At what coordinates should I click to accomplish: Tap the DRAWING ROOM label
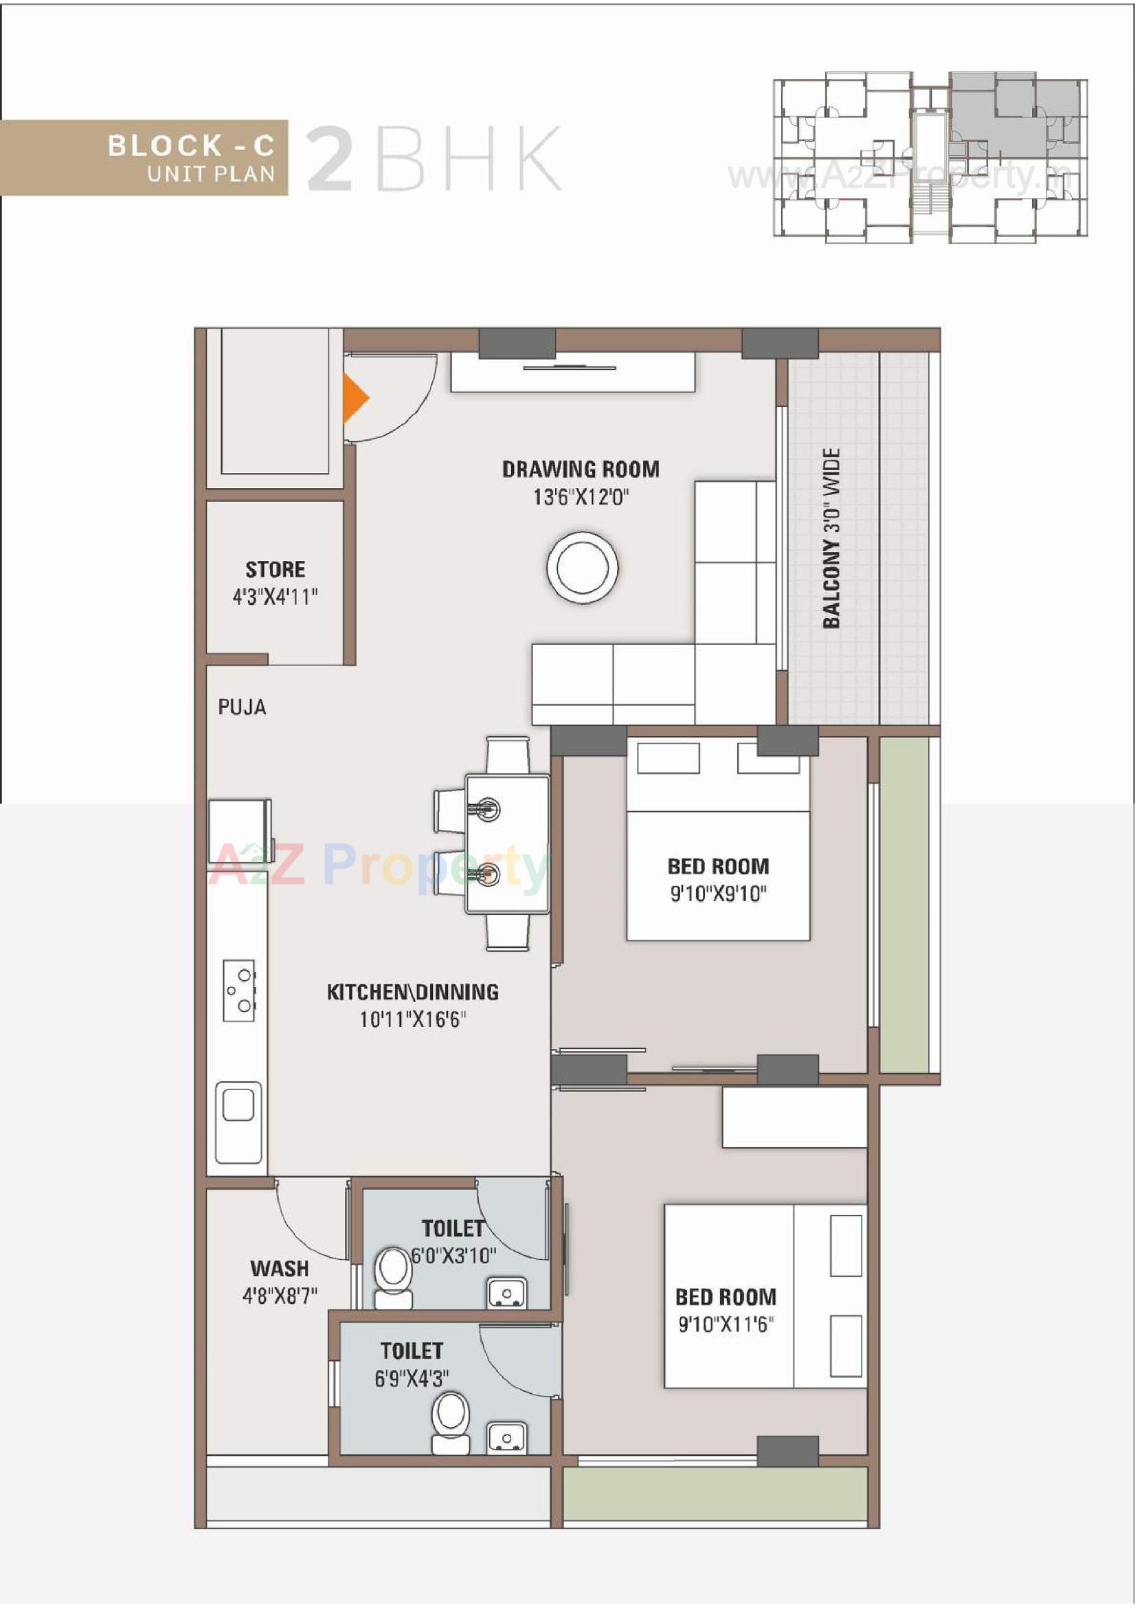580,469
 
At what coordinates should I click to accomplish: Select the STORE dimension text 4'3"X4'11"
275,597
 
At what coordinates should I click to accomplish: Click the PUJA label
242,707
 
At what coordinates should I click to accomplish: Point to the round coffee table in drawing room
582,567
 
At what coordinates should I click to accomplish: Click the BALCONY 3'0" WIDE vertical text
831,538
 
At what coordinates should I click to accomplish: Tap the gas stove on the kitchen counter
239,990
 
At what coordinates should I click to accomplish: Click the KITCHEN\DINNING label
413,992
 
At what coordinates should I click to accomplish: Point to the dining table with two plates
507,843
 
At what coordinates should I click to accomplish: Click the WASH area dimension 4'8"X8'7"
279,1296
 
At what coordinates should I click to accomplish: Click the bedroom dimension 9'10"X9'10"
719,894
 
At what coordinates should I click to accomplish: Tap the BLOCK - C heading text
190,146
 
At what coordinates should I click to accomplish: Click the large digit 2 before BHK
330,158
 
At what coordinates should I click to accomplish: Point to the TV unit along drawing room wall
572,373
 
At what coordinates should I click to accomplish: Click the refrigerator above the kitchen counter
239,831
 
